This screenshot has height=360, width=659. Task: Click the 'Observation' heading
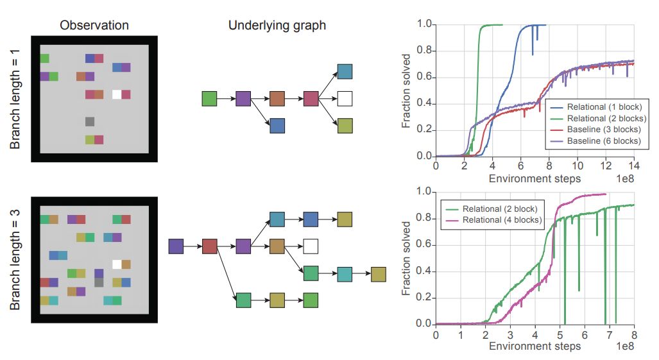coord(94,26)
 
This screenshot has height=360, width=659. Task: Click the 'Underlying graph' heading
coord(277,26)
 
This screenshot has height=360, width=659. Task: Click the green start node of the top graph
coord(209,99)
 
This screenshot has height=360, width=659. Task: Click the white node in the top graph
coord(345,99)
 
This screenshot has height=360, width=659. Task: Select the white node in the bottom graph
coord(311,246)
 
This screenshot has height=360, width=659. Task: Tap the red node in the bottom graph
coord(210,246)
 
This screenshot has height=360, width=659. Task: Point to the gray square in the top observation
coord(90,121)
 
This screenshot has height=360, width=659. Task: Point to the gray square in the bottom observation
coord(99,282)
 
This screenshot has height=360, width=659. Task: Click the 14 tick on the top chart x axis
coord(634,166)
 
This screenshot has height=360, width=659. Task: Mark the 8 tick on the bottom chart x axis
coord(634,334)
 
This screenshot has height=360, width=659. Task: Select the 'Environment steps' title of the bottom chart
coord(535,347)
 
